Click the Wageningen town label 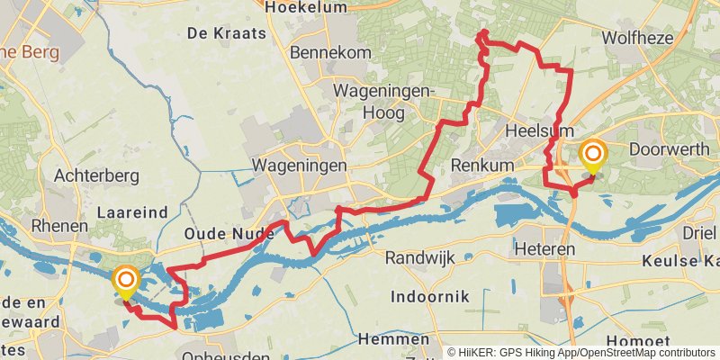point(299,166)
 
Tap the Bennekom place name point(331,53)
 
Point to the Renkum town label point(481,166)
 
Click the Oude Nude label point(229,234)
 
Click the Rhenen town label point(59,226)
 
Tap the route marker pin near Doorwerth point(592,157)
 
